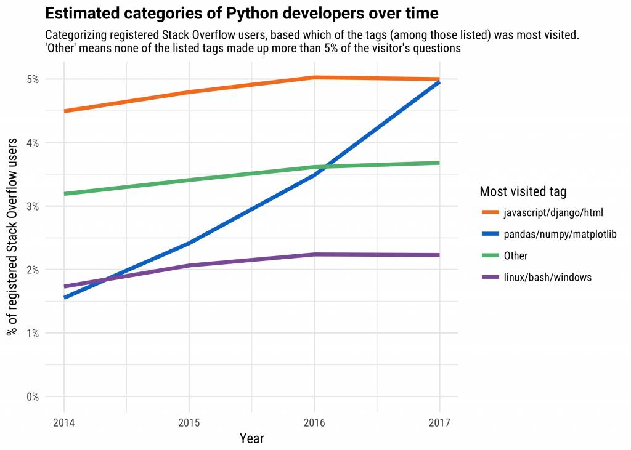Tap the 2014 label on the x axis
(63, 423)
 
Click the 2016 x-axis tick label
(314, 423)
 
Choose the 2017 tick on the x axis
(439, 423)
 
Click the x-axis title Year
(251, 438)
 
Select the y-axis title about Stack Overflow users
(12, 238)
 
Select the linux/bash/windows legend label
(547, 278)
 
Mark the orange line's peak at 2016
(314, 78)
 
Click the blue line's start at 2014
(64, 297)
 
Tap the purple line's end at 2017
(439, 255)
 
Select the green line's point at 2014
(64, 194)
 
